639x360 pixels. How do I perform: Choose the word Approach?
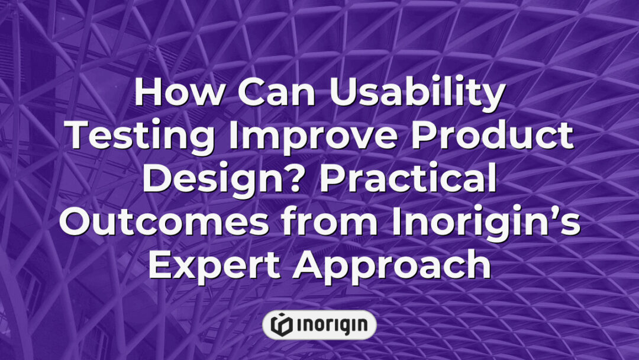[393, 265]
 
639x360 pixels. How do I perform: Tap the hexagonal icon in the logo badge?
[280, 324]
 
